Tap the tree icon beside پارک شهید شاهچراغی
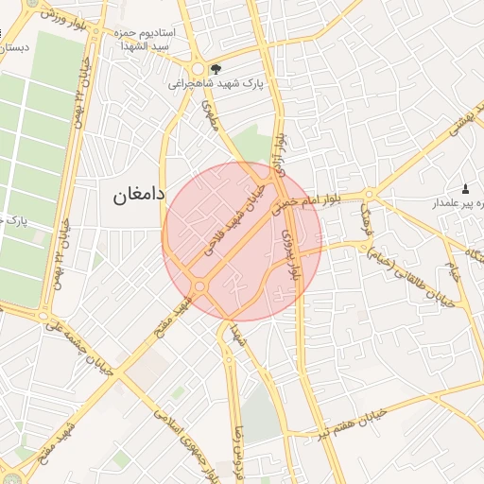pyautogui.click(x=216, y=68)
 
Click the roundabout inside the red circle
pyautogui.click(x=200, y=286)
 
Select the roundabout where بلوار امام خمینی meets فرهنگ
pyautogui.click(x=369, y=196)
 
